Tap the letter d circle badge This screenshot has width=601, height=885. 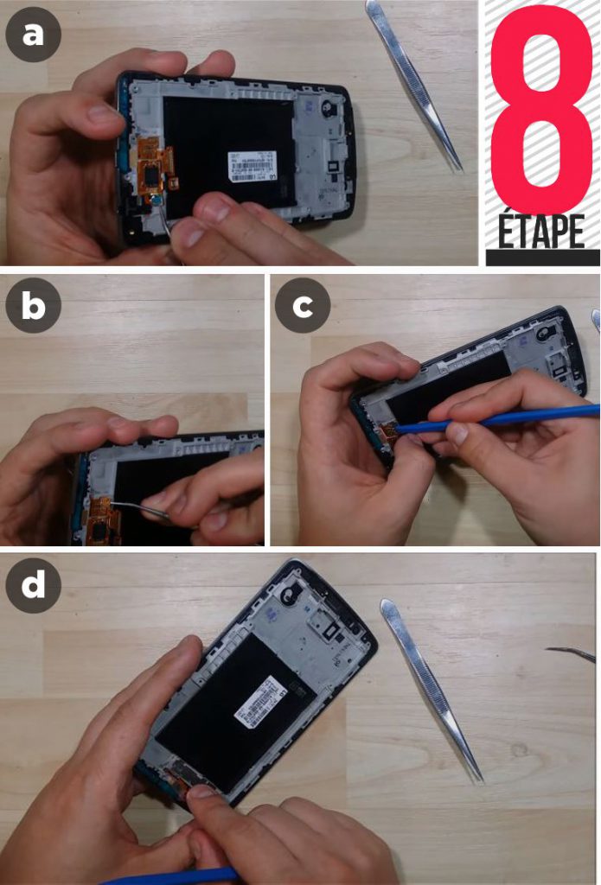[x=33, y=585]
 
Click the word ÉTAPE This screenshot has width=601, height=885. [x=542, y=231]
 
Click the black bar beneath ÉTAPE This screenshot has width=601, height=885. [x=542, y=258]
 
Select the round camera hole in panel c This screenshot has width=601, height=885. [x=546, y=331]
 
